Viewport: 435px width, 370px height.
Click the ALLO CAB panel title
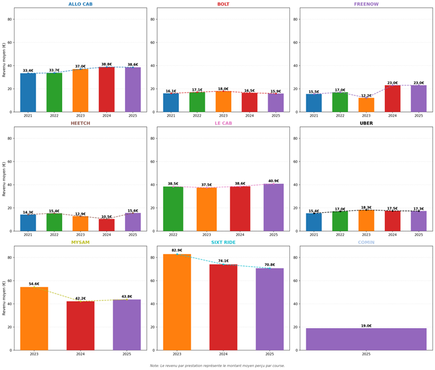[x=80, y=4]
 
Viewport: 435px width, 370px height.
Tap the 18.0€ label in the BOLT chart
[x=224, y=89]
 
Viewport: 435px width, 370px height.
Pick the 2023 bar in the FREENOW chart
[x=366, y=105]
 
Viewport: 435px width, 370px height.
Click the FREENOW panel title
[x=366, y=4]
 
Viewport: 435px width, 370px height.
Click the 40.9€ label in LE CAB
[x=273, y=181]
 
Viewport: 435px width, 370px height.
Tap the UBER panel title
[x=366, y=123]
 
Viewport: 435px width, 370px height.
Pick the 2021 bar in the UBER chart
[x=314, y=222]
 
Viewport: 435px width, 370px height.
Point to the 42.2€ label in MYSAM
[x=80, y=299]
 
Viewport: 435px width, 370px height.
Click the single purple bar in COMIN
[x=366, y=339]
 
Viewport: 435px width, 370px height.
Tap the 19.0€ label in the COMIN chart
[x=366, y=326]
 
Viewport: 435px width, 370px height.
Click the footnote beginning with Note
[x=217, y=366]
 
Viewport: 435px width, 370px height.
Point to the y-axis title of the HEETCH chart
[x=4, y=178]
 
